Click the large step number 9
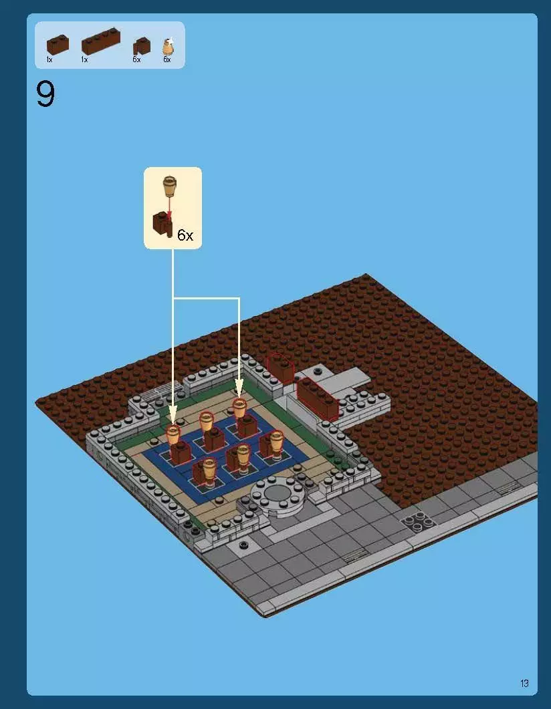pos(45,95)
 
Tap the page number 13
pos(524,683)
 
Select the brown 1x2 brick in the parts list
pos(58,44)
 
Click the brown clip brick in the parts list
pos(142,46)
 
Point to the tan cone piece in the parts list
pos(168,47)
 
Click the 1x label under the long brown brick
pos(84,60)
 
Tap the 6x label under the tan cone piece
pos(167,60)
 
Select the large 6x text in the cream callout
pos(185,235)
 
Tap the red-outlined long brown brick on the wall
pos(317,398)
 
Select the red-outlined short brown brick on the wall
pos(281,368)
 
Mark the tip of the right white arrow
pos(239,396)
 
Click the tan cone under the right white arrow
pos(239,407)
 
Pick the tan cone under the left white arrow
pos(173,434)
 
